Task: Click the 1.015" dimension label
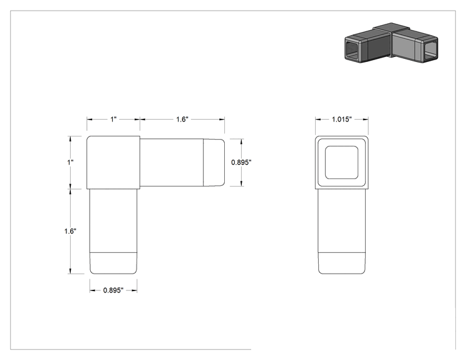(x=341, y=120)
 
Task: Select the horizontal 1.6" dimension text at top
(x=182, y=120)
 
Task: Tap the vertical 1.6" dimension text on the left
(x=70, y=231)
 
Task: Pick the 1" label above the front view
(x=113, y=120)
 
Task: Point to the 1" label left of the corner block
(x=70, y=163)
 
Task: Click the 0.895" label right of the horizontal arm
(x=241, y=163)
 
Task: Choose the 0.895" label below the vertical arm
(x=113, y=291)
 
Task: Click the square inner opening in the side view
(x=341, y=163)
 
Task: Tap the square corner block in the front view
(x=113, y=163)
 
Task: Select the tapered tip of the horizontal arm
(x=214, y=163)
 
